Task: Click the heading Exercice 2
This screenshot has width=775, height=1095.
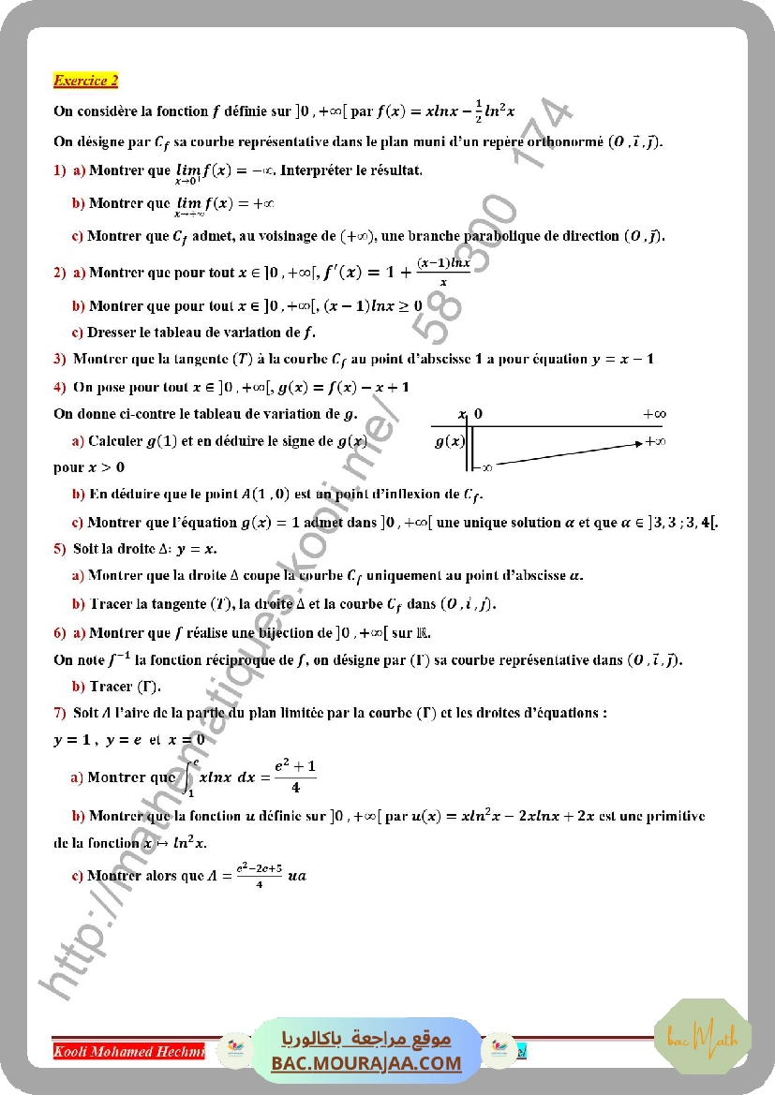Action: pyautogui.click(x=85, y=81)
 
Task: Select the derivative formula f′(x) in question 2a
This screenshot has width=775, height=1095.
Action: pyautogui.click(x=395, y=274)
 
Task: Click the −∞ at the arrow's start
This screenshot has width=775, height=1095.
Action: pyautogui.click(x=484, y=466)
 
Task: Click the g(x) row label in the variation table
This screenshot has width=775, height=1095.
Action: pyautogui.click(x=449, y=441)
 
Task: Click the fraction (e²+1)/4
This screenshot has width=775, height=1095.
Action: pyautogui.click(x=294, y=777)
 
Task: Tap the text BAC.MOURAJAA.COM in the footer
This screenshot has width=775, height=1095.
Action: pyautogui.click(x=366, y=1063)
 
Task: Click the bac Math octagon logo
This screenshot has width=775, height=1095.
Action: pyautogui.click(x=702, y=1037)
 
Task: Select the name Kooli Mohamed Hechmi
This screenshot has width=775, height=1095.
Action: pyautogui.click(x=128, y=1051)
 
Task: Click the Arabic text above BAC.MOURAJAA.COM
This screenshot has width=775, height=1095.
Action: pyautogui.click(x=366, y=1040)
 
